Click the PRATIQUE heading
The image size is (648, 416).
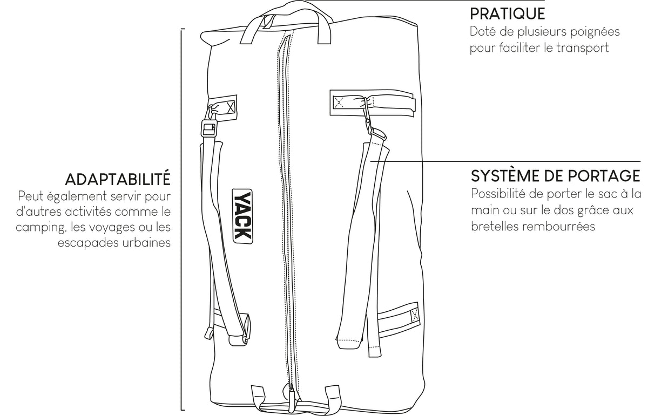point(507,13)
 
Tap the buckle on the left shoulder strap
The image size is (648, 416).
point(209,128)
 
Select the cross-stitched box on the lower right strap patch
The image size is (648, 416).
point(415,314)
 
